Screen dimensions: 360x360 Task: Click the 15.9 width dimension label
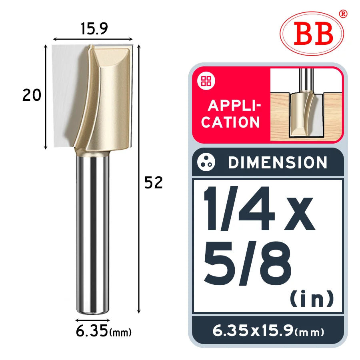tap(94, 29)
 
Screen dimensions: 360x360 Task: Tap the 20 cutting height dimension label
tap(32, 95)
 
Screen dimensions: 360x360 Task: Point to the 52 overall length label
tap(154, 183)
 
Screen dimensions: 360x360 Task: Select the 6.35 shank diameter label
tap(92, 331)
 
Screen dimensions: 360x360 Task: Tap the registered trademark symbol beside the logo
tap(343, 14)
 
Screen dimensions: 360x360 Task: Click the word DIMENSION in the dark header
tap(278, 162)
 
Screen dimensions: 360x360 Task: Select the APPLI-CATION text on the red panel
tap(231, 114)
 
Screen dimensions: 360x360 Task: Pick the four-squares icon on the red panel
tap(206, 81)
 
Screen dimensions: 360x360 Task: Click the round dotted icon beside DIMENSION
tap(206, 162)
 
